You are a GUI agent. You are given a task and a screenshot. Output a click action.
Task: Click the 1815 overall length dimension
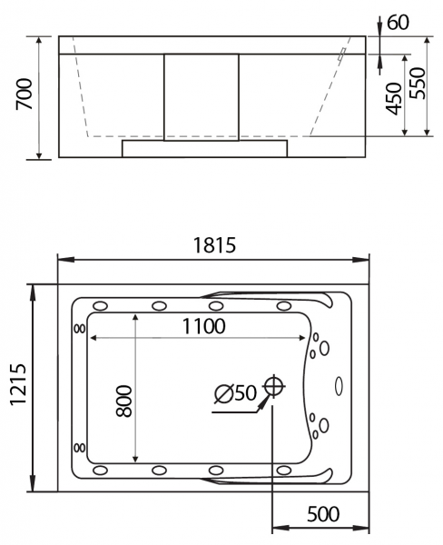coord(214,244)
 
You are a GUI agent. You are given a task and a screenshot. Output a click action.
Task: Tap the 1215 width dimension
coord(18,384)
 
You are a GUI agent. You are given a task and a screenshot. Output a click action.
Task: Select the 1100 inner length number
coord(204,326)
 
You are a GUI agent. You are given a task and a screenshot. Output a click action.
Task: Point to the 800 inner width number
coord(124,401)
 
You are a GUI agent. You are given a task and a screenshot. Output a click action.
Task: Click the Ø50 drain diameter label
coord(235,393)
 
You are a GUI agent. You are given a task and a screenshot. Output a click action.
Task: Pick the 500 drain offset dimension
coord(323,514)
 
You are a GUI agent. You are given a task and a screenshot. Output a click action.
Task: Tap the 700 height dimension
coord(25,94)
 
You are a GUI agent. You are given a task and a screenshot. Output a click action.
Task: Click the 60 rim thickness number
coord(398,23)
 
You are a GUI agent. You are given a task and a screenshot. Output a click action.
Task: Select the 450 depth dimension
coord(394,98)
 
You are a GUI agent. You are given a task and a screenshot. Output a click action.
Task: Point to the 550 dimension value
coord(417,83)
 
